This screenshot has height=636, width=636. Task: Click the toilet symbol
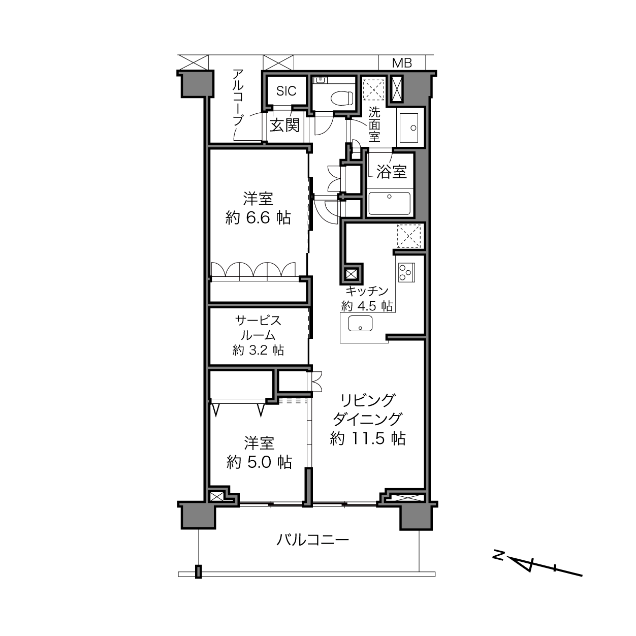point(341,98)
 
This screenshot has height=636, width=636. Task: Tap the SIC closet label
point(286,91)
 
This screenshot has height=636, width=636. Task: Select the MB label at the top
point(402,63)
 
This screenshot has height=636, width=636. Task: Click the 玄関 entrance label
point(285,125)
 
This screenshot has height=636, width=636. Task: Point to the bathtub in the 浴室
point(390,204)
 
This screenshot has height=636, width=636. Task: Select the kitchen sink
point(360,324)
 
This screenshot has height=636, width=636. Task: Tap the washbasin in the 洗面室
point(408,128)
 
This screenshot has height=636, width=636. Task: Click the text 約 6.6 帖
point(258,218)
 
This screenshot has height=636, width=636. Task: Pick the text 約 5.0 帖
point(260,462)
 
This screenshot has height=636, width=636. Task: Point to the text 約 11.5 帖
point(368,438)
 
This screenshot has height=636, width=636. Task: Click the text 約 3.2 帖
point(258,350)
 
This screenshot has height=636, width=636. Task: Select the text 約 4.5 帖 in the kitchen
point(367,306)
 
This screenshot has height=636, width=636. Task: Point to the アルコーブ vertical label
point(238,98)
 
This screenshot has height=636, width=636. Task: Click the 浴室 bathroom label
point(392,172)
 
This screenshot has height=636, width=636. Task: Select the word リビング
point(367,401)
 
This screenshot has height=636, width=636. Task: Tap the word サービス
point(258,321)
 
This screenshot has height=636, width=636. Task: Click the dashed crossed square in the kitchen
point(409,236)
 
